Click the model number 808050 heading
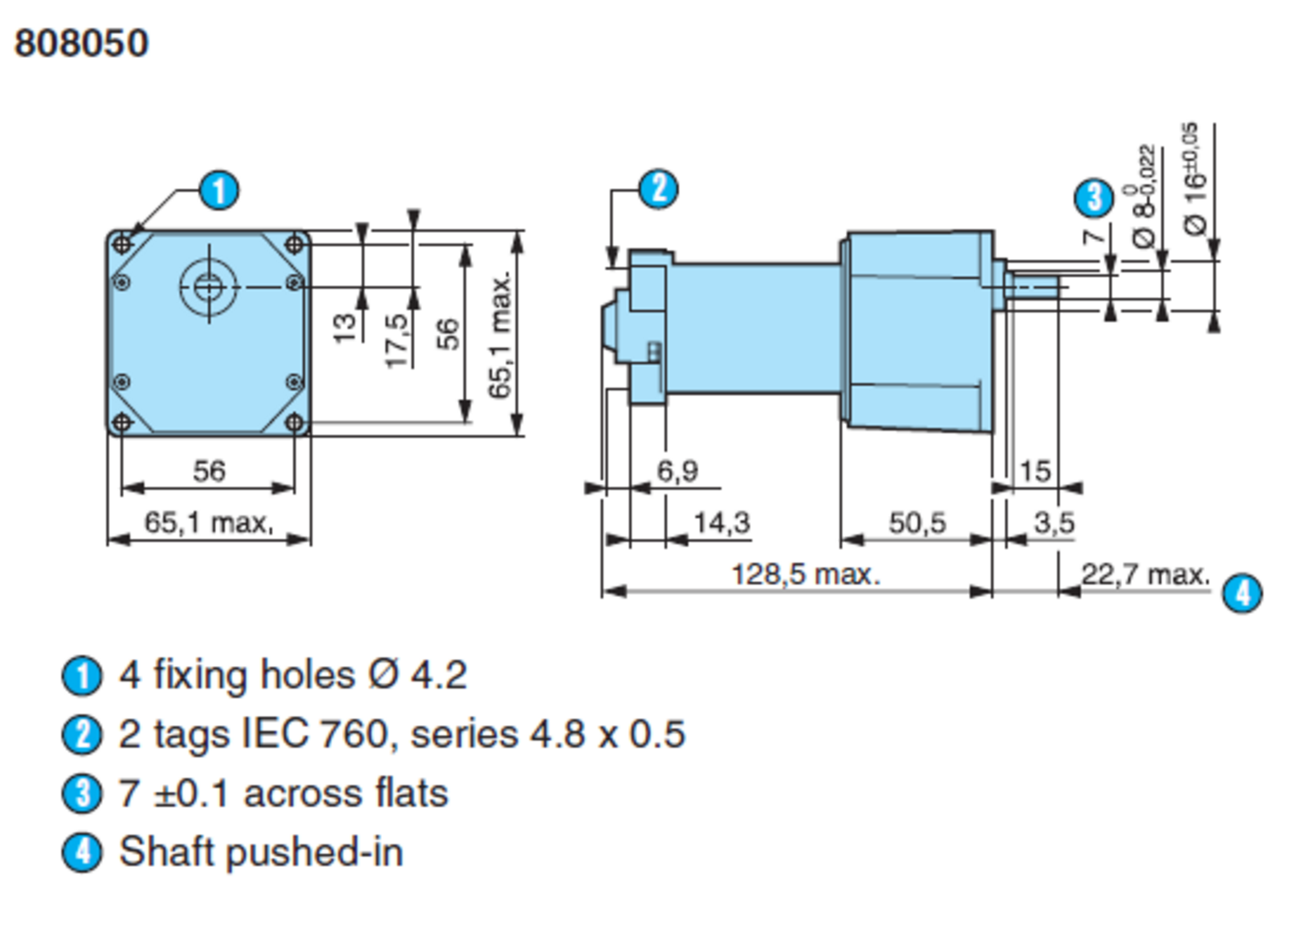click(81, 43)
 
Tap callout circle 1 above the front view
click(218, 190)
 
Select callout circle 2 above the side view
click(658, 188)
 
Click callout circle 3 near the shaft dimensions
click(1093, 197)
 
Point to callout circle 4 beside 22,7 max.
click(1242, 593)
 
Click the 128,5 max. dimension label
click(805, 575)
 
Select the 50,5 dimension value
click(916, 522)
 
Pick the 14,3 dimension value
click(721, 522)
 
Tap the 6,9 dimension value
click(678, 471)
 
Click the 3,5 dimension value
click(1053, 522)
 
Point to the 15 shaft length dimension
click(1034, 471)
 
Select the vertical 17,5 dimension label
click(397, 340)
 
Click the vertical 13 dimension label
click(345, 327)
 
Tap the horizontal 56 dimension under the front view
click(209, 471)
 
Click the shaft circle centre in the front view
click(208, 285)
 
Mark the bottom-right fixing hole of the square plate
click(296, 423)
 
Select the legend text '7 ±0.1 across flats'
click(283, 793)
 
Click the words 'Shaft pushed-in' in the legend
click(261, 852)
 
